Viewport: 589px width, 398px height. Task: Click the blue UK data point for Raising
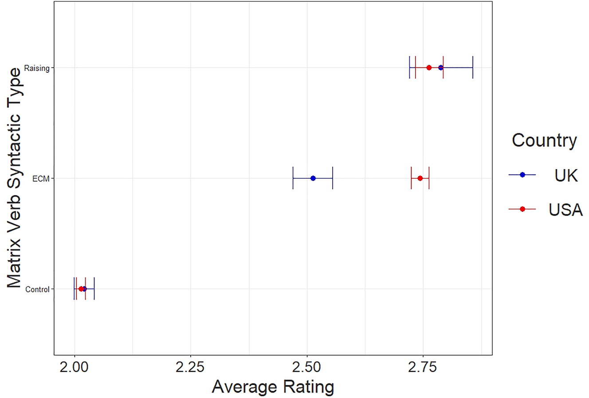click(x=440, y=67)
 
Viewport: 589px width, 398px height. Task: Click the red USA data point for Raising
click(x=429, y=67)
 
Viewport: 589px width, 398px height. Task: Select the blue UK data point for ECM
click(x=313, y=178)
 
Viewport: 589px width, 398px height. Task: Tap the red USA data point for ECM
click(x=420, y=178)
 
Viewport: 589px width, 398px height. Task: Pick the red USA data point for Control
click(x=81, y=288)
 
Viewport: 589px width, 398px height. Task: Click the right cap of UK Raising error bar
click(x=473, y=67)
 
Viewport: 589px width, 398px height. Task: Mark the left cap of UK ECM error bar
click(x=293, y=178)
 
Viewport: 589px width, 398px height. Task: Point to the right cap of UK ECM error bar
click(x=333, y=178)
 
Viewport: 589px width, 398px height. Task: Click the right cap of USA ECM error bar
click(x=429, y=178)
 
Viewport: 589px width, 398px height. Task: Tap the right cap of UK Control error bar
click(x=94, y=288)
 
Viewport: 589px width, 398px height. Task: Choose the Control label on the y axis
click(x=37, y=289)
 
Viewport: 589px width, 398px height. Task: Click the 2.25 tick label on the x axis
click(x=190, y=368)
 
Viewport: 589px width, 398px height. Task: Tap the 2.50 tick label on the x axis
click(x=306, y=368)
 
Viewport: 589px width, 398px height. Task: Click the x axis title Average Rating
click(x=273, y=387)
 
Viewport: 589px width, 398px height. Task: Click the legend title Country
click(x=544, y=140)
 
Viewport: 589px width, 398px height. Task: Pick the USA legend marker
click(x=522, y=209)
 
